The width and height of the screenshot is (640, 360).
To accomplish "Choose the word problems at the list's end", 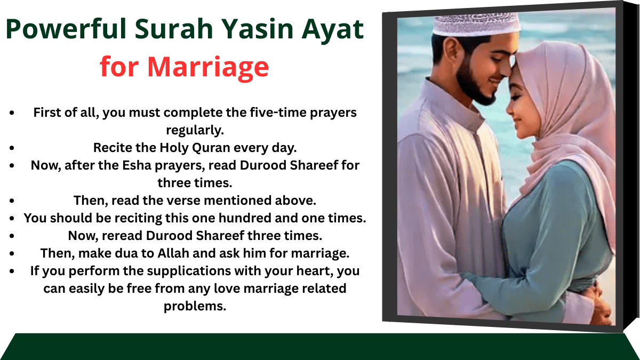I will click(195, 306).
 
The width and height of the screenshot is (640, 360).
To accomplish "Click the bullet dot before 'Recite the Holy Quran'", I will click(12, 148).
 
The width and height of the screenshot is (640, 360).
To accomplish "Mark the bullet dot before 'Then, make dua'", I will click(12, 253).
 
